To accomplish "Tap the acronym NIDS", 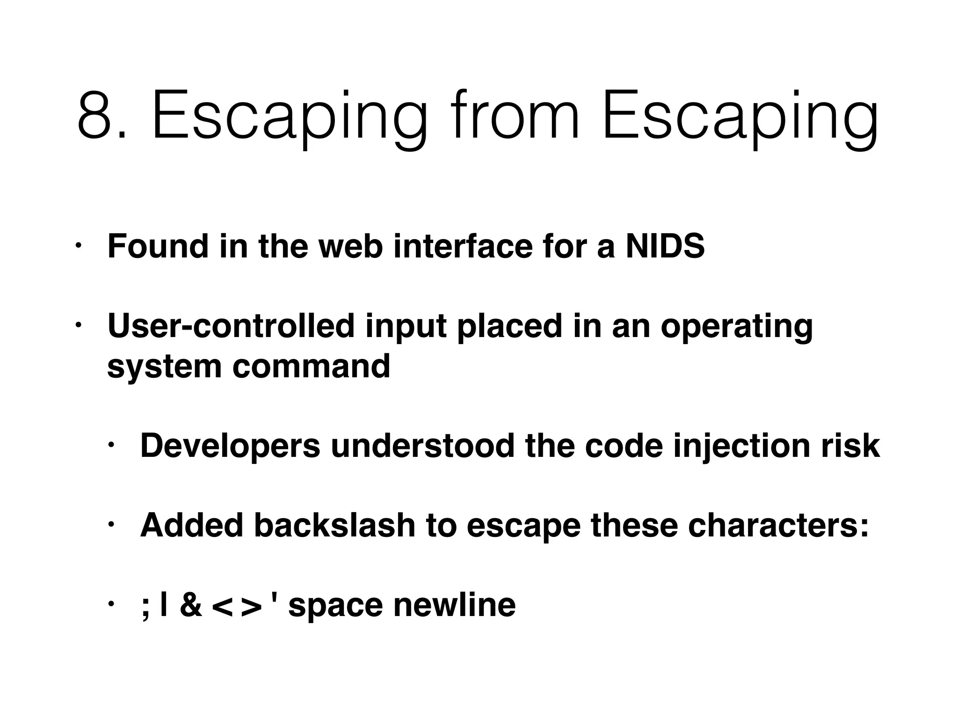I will coord(665,246).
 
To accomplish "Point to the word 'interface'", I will coord(463,246).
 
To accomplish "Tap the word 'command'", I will coord(311,366).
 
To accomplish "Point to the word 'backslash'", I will coord(335,525).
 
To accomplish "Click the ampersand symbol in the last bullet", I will coord(191,605).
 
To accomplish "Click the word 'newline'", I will coord(454,605).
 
